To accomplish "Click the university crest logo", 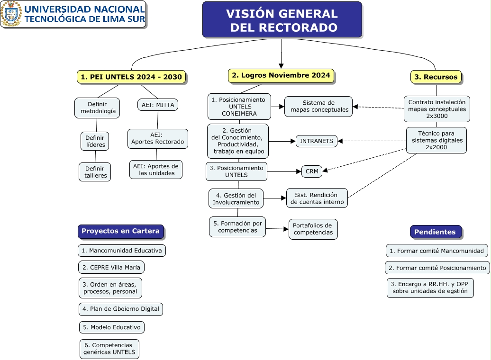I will click(11, 14).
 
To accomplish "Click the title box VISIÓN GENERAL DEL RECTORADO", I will click(282, 20).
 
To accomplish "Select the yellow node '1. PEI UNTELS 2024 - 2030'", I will click(131, 77).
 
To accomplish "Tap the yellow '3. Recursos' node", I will click(436, 77).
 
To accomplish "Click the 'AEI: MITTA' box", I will click(158, 105).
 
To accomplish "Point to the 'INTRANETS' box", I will click(317, 141).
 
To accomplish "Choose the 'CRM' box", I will click(312, 171).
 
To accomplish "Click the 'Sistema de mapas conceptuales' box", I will click(318, 107).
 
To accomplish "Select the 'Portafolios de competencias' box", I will click(313, 229).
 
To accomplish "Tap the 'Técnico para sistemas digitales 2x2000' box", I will click(436, 140).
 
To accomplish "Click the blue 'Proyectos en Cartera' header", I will click(121, 231).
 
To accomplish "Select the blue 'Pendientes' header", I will click(435, 232).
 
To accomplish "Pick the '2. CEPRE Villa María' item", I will click(111, 267).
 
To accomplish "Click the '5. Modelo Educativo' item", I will click(111, 327).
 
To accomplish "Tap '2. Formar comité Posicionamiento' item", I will click(437, 268).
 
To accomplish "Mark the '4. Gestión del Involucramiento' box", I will click(236, 198).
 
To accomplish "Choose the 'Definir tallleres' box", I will click(95, 172).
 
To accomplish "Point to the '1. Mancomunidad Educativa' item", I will click(122, 251).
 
